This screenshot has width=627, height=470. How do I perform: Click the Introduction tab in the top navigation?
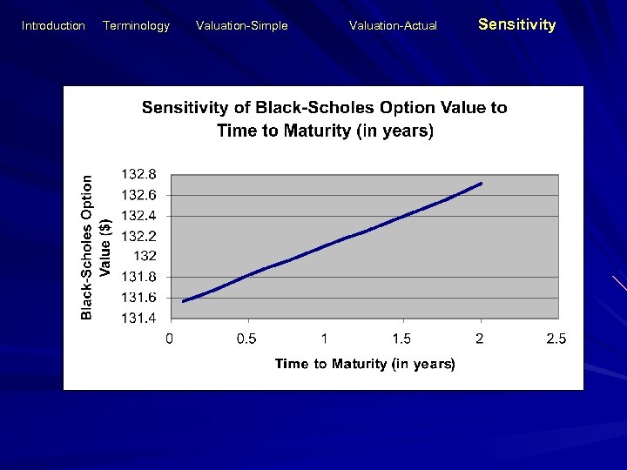coord(53,26)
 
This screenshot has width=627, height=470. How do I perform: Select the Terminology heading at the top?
coord(136,26)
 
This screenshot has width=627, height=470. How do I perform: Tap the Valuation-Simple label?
coord(241,26)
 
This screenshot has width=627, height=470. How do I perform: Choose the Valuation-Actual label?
coord(393,26)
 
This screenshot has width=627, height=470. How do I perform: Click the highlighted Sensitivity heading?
coord(516,25)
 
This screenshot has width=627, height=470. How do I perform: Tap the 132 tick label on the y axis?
coord(145,256)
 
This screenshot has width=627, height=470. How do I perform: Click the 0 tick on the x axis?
coord(170,339)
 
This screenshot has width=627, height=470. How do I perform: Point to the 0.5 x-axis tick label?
coord(247,339)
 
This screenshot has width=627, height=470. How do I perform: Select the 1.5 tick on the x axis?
coord(401,339)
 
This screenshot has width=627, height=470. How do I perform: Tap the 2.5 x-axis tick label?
coord(556,339)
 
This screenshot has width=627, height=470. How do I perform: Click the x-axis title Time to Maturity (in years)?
coord(365,364)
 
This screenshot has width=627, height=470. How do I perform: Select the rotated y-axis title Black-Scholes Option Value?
coord(96,246)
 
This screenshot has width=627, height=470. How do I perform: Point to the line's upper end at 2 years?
coord(481,184)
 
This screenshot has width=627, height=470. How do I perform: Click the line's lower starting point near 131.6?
coord(184,301)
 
